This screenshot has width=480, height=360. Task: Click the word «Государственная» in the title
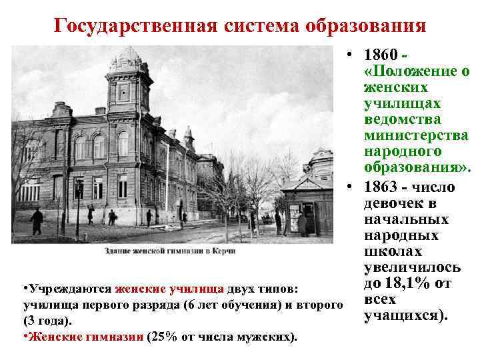(x=133, y=26)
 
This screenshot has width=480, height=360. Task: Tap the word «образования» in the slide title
(x=365, y=26)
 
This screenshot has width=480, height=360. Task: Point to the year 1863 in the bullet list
(x=382, y=187)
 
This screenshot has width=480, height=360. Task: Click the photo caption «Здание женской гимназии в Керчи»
(x=169, y=251)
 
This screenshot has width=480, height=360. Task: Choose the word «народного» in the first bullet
(x=403, y=151)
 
